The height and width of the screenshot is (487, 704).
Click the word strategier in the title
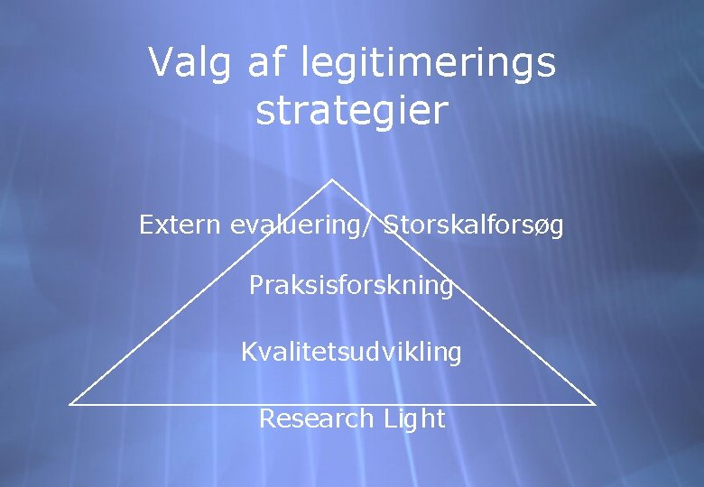pos(352,111)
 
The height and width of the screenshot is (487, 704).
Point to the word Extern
pos(181,225)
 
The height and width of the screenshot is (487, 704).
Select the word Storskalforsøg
pos(474,226)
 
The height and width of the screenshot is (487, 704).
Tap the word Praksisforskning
pos(351,286)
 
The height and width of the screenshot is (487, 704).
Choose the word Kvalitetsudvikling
pos(351,353)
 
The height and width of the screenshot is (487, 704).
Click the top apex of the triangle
pos(332,179)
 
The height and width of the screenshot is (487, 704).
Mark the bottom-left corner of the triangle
pos(70,404)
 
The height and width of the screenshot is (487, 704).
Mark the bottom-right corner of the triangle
pos(596,404)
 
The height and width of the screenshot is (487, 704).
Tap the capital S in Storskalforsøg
pos(390,225)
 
